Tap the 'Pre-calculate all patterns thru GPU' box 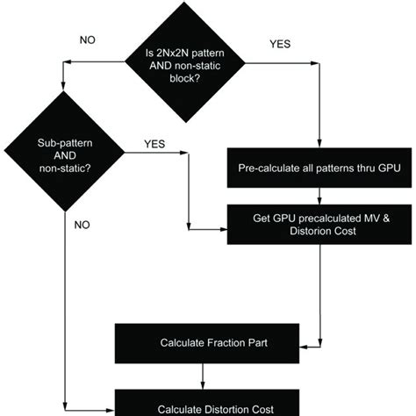(319, 168)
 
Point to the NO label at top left (89, 39)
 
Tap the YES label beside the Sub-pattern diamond (155, 144)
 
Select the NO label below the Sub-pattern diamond (82, 225)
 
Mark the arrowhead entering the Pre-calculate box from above (320, 147)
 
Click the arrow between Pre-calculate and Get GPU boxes (320, 196)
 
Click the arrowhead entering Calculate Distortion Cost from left (111, 408)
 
